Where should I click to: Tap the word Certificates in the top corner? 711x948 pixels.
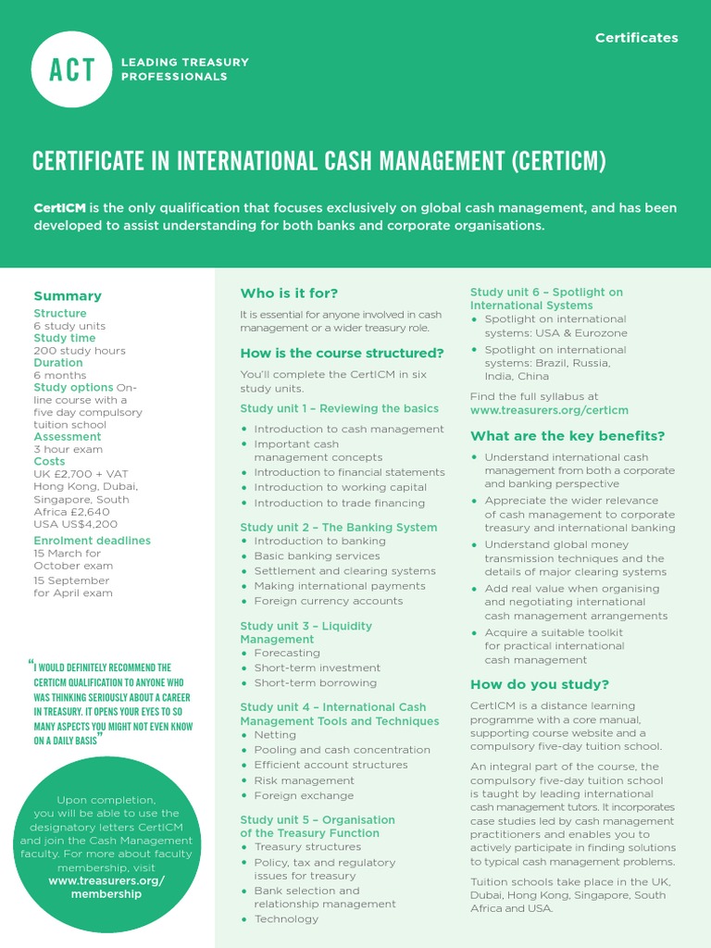636,38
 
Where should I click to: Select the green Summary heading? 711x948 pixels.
68,296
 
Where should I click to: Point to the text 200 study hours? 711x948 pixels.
80,351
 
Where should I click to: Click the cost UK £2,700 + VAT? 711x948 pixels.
81,473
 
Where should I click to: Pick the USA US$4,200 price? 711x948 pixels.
76,523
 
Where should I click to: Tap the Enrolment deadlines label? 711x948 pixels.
92,541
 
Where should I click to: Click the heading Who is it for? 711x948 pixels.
289,293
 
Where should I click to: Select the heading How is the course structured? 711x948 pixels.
342,353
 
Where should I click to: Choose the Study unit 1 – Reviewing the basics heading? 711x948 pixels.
339,408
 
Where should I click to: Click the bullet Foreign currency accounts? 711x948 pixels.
329,601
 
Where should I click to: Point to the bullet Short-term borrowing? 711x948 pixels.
316,682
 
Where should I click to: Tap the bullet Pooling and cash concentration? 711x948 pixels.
342,750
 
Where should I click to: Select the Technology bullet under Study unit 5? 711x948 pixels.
286,918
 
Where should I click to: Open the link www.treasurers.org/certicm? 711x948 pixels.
549,409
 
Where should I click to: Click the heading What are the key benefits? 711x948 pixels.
568,436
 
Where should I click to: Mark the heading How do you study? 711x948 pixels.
540,684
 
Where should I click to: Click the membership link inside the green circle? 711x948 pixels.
106,888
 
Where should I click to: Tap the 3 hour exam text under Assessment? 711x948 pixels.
68,449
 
